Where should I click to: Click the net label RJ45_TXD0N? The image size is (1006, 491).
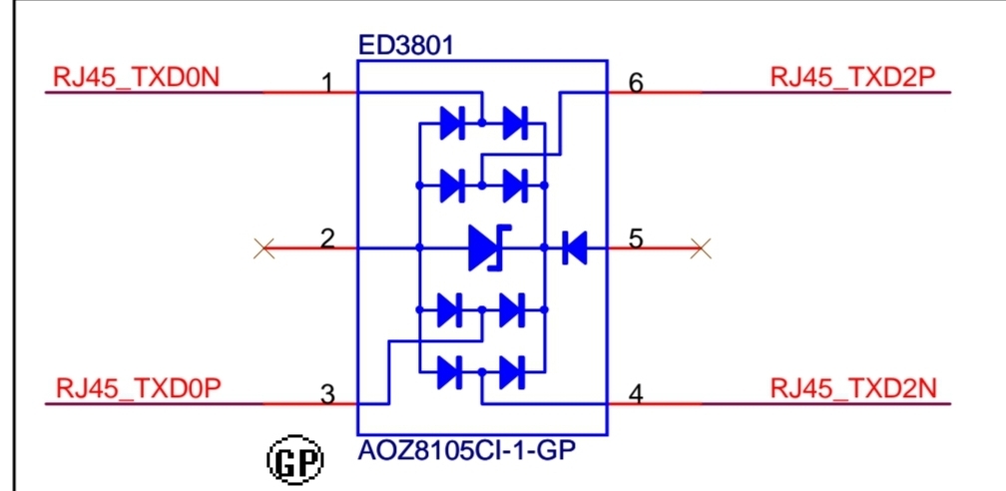136,78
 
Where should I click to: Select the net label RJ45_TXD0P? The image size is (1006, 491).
140,389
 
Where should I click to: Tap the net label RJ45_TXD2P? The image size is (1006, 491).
852,78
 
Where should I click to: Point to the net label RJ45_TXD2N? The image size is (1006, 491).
853,389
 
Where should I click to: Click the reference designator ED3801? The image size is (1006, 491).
405,46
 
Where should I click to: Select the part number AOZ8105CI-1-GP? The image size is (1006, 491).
466,450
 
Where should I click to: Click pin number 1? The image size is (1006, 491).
327,84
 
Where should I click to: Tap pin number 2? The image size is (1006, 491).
327,240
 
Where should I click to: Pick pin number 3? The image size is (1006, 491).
327,395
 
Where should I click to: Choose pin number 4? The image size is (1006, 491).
636,395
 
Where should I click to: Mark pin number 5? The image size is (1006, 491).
636,240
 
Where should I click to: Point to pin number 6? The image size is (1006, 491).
636,84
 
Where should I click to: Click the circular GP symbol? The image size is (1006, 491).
295,459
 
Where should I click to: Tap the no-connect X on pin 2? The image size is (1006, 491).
263,247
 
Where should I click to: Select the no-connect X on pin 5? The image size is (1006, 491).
701,247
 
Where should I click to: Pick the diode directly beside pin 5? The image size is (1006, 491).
574,247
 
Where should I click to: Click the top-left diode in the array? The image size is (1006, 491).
452,123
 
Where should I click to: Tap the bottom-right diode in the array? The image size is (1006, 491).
513,372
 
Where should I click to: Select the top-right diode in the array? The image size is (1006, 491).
515,123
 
